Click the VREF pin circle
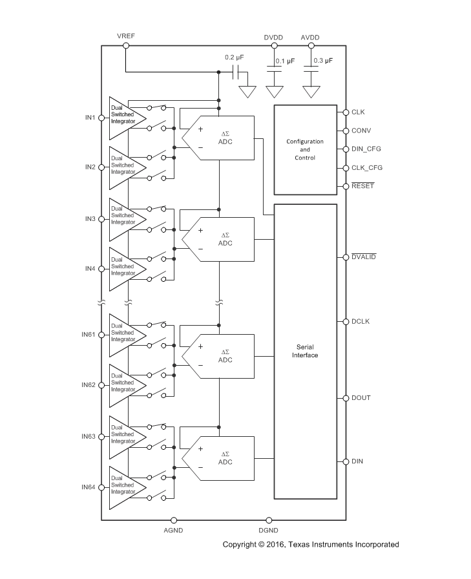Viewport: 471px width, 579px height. pyautogui.click(x=126, y=46)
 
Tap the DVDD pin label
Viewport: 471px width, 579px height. pyautogui.click(x=273, y=37)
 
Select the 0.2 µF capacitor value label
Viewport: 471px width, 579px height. pyautogui.click(x=235, y=58)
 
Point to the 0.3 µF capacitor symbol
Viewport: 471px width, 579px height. pyautogui.click(x=311, y=69)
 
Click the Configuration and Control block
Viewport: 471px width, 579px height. pyautogui.click(x=305, y=149)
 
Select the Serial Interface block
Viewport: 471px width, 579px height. pyautogui.click(x=305, y=351)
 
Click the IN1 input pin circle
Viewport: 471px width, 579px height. pyautogui.click(x=101, y=118)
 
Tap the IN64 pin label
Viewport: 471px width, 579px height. pyautogui.click(x=89, y=487)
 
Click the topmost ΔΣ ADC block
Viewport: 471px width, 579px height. pyautogui.click(x=218, y=138)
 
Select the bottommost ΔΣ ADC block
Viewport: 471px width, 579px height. pyautogui.click(x=218, y=458)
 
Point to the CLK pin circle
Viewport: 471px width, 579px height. pyautogui.click(x=346, y=112)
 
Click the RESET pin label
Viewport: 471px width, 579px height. pyautogui.click(x=363, y=185)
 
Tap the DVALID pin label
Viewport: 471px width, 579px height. pyautogui.click(x=364, y=257)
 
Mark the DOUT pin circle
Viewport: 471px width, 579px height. pyautogui.click(x=346, y=398)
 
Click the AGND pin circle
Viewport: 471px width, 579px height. pyautogui.click(x=174, y=520)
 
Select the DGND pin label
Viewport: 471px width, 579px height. pyautogui.click(x=268, y=531)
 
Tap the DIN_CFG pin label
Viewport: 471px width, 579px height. pyautogui.click(x=366, y=149)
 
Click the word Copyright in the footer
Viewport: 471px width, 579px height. pyautogui.click(x=239, y=545)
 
